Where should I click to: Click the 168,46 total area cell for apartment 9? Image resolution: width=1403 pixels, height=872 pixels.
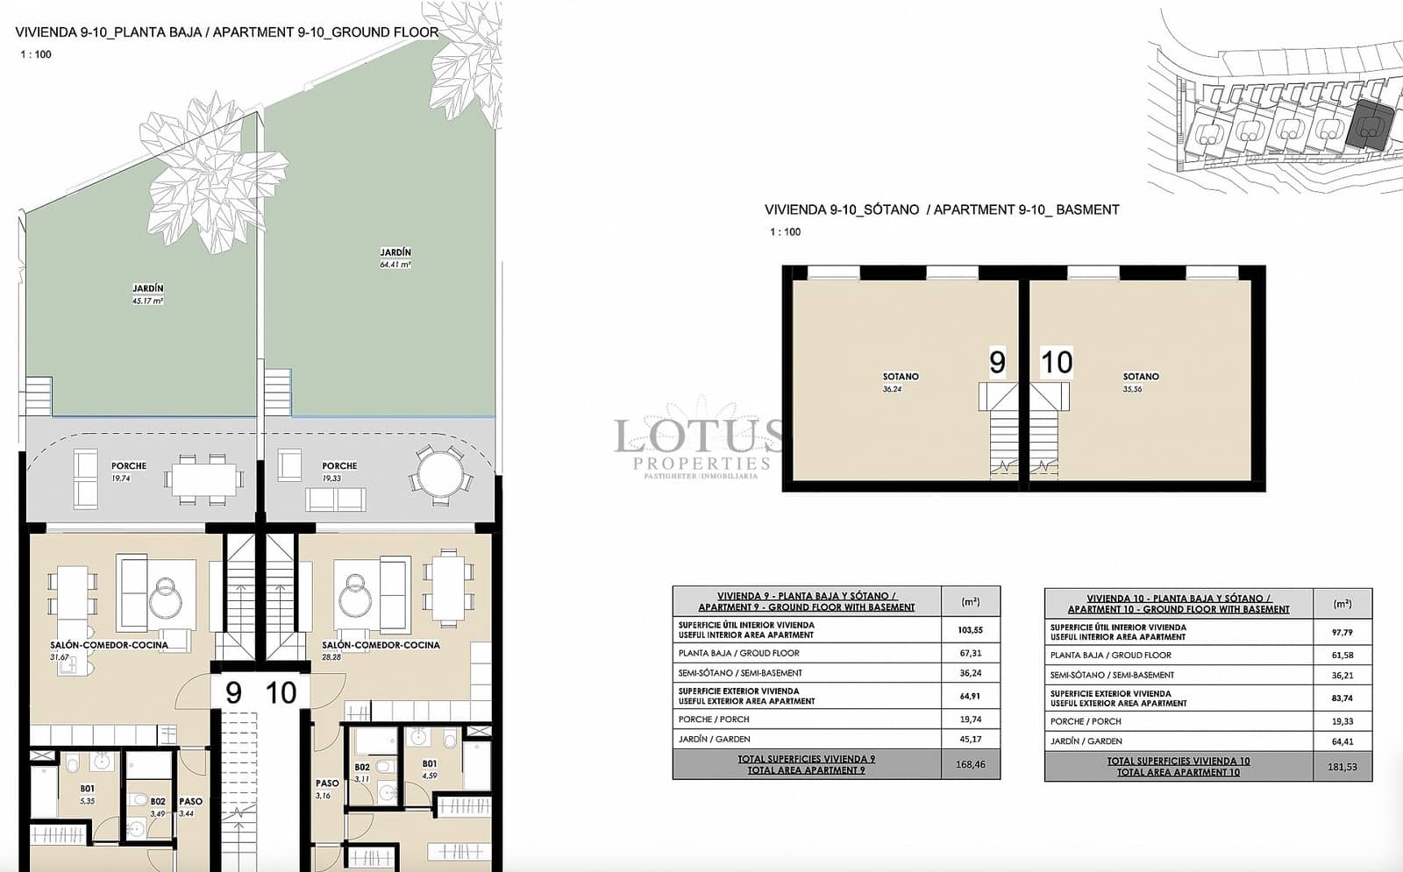pos(970,764)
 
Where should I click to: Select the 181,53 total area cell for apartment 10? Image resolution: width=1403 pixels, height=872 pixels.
pos(1342,767)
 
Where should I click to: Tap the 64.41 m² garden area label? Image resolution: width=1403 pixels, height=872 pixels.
pos(395,258)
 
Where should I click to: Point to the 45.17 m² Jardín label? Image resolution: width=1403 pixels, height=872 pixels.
pos(147,294)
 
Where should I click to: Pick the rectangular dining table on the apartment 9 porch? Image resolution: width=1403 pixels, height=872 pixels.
pos(204,479)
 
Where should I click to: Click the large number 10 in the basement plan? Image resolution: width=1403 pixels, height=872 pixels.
pos(1056,362)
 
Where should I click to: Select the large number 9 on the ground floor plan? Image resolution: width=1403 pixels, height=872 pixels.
pos(233,693)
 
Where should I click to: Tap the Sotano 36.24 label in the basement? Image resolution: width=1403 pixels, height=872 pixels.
pos(900,382)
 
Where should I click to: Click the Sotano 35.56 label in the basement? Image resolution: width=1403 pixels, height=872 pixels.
pos(1140,382)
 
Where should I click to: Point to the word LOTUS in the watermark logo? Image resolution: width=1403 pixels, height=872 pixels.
pos(698,436)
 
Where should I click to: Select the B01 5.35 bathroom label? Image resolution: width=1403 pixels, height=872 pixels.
pos(87,794)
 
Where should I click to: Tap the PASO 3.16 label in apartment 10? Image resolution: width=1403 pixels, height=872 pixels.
pos(326,789)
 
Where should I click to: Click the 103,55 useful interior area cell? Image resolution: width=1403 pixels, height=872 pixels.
pos(970,629)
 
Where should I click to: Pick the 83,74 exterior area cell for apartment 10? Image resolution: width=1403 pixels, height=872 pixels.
pos(1342,698)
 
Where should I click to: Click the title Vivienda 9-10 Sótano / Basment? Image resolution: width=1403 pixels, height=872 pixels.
pos(942,209)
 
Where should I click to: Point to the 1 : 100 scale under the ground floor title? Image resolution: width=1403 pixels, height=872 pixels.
pos(36,54)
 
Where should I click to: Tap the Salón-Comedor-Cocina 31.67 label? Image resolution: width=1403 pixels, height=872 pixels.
pos(109,649)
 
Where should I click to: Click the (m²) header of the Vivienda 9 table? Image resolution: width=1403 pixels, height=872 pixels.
pos(970,602)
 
